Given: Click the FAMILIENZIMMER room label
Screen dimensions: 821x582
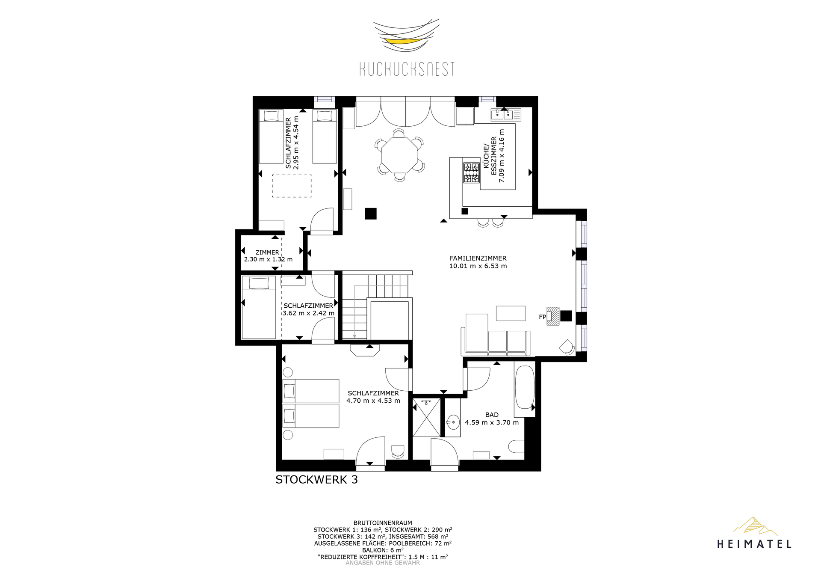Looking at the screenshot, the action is (478, 258).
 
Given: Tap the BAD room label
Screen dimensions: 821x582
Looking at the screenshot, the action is (492, 415).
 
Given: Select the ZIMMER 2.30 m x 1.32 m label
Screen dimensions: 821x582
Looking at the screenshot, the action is (268, 256).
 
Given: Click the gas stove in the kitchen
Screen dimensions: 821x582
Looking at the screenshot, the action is (471, 172).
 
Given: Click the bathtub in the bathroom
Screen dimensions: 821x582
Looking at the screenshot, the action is (525, 387).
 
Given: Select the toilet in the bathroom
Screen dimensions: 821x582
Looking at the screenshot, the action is (517, 447).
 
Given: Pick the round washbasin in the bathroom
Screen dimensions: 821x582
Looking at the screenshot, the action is (453, 422).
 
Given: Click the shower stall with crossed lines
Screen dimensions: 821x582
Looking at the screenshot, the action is (427, 418).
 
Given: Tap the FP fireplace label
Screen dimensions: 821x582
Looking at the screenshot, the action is (542, 317).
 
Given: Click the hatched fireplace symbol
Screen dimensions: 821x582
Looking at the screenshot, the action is (553, 316).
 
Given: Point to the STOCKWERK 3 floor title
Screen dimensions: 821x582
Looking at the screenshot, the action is (316, 480).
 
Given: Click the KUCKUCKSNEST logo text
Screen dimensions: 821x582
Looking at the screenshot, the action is (407, 69).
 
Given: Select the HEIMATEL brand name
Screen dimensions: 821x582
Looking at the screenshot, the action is (754, 544).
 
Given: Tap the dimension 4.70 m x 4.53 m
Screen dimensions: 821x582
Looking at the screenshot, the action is (373, 401).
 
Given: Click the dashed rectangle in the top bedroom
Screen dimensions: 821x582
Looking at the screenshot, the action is (292, 186).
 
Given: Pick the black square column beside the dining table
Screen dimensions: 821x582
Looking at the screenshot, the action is (371, 214).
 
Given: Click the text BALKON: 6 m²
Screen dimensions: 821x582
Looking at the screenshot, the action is (383, 550).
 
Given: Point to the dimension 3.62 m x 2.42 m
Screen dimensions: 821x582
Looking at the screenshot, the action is (309, 313).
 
